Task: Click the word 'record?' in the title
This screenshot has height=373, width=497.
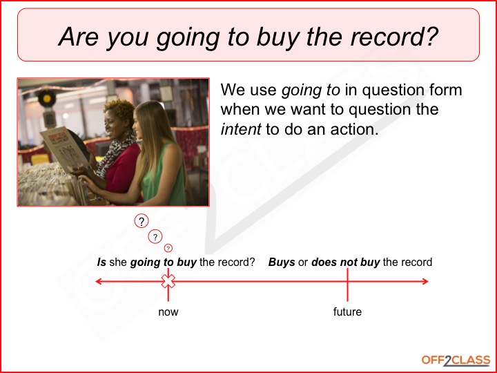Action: point(394,36)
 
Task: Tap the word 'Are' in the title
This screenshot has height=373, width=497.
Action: point(79,36)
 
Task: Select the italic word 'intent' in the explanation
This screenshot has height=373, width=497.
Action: point(241,129)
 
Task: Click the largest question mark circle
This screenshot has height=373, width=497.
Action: point(142,221)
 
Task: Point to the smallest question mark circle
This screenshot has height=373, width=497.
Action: point(168,248)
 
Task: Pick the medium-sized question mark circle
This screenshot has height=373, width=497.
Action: point(155,237)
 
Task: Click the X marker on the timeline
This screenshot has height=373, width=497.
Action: point(168,281)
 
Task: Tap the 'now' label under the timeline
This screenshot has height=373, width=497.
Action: point(168,312)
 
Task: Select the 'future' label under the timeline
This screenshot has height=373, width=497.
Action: point(347,312)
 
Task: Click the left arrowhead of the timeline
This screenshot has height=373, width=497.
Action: point(98,281)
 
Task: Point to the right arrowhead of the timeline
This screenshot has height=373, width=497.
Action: point(425,281)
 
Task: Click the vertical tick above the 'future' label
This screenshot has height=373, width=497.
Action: point(347,285)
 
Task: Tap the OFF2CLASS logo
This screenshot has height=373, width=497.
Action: point(456,361)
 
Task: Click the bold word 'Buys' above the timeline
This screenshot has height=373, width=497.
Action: point(282,262)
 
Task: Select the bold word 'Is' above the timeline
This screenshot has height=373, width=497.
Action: point(101,262)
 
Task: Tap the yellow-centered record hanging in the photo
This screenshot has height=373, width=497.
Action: point(47,99)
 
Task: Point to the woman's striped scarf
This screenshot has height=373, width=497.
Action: point(116,155)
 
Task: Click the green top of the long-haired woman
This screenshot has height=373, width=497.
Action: point(162,178)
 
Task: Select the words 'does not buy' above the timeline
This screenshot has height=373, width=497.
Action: point(346,262)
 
